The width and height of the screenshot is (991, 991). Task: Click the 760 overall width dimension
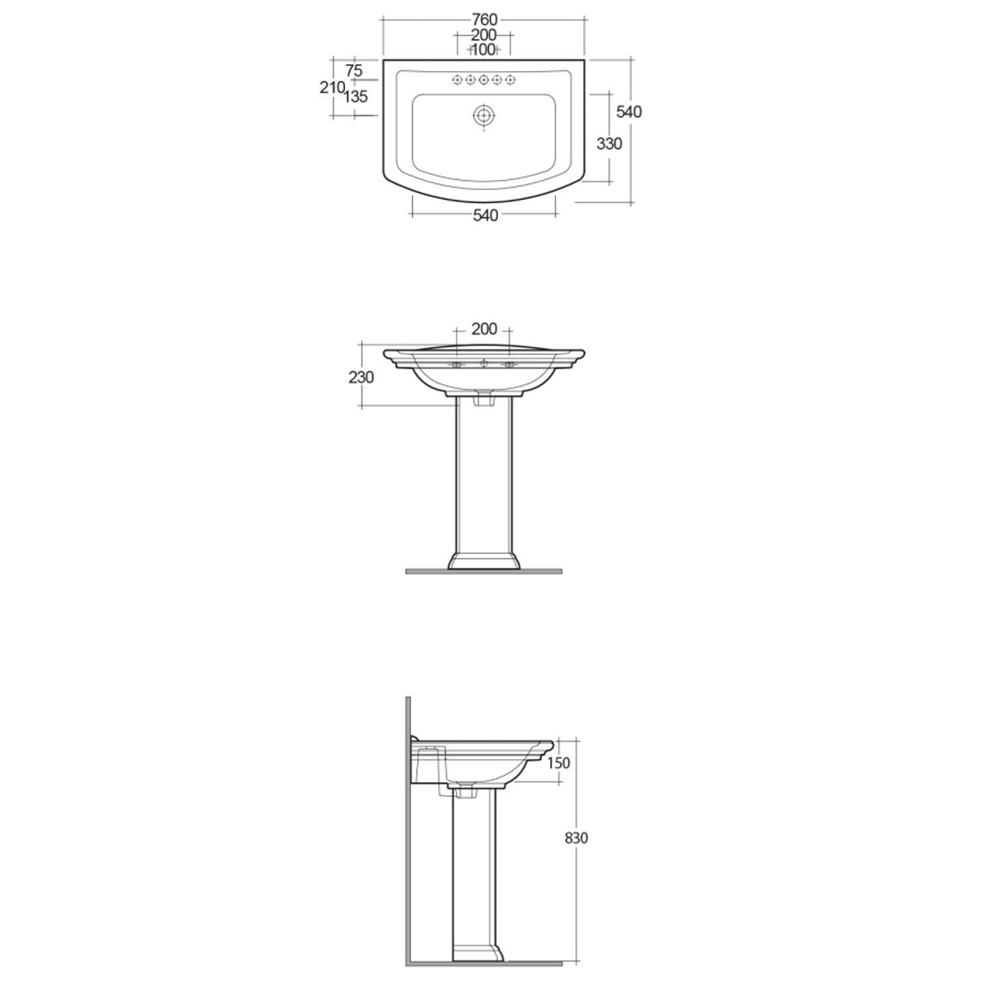(x=484, y=19)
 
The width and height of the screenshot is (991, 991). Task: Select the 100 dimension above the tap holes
(x=483, y=50)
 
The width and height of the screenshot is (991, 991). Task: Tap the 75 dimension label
(x=353, y=71)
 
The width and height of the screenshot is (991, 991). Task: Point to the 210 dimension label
(x=331, y=88)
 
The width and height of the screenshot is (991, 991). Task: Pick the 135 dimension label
(x=355, y=97)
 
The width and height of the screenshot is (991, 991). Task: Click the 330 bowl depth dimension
(x=609, y=143)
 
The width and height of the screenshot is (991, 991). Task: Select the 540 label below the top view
(x=485, y=216)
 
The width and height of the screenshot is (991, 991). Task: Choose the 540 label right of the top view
(x=628, y=111)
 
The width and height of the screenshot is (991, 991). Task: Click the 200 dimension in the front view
(x=484, y=329)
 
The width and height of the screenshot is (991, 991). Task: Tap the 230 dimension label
(x=362, y=377)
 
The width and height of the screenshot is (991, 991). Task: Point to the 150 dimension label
(x=558, y=763)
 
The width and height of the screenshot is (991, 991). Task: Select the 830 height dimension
(x=576, y=837)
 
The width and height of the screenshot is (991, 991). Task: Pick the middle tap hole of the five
(x=484, y=80)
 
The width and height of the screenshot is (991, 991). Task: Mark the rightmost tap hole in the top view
(x=511, y=80)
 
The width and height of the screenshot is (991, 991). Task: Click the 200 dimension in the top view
(x=483, y=35)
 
